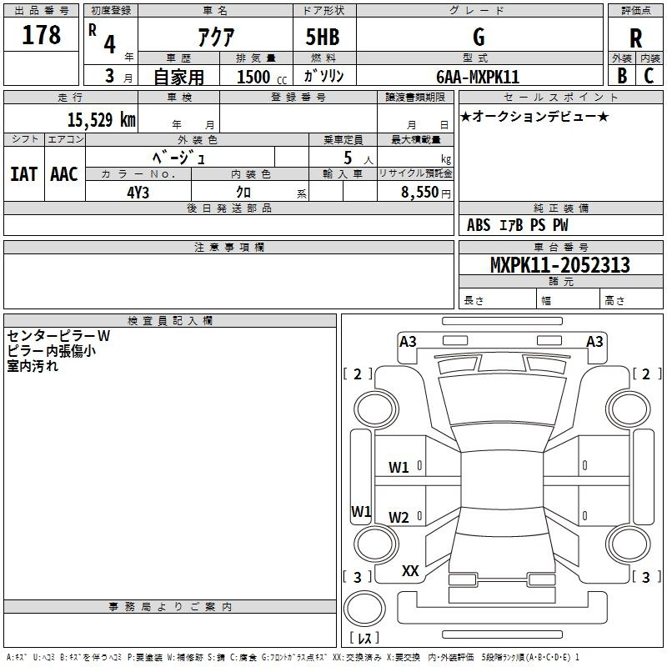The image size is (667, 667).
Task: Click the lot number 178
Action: point(42,35)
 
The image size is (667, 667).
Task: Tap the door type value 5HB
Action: point(323,37)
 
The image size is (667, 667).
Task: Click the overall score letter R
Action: point(635,38)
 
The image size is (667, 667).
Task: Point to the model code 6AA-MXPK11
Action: point(478,77)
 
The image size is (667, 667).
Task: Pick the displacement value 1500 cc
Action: point(259,77)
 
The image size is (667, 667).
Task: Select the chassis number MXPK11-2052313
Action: point(559,266)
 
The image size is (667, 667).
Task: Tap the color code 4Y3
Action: point(138,191)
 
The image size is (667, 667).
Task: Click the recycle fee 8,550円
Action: point(424,191)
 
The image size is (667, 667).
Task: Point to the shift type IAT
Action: point(23,174)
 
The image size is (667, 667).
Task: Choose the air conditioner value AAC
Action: point(64,174)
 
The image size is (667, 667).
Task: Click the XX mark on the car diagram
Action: point(410,571)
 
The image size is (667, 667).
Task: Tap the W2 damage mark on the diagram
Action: point(399,518)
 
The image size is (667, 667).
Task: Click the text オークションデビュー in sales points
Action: point(534,117)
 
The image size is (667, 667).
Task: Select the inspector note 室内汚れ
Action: point(33,365)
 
